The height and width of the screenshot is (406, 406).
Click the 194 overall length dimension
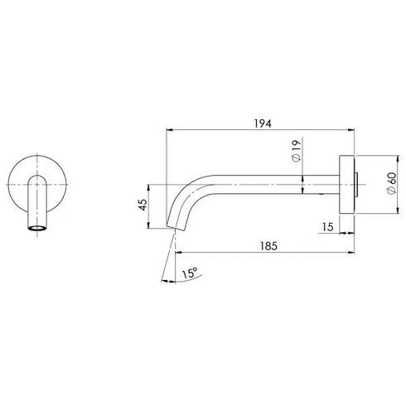263,121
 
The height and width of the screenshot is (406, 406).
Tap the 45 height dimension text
142,204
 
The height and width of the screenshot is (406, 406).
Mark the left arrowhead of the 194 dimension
172,130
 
